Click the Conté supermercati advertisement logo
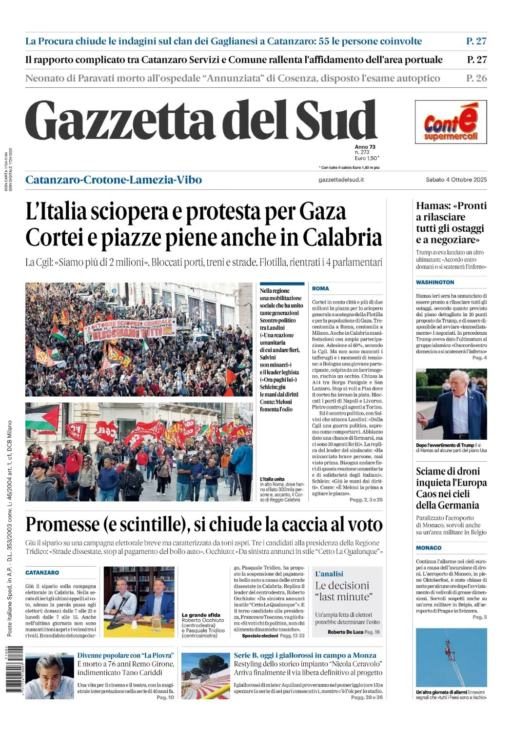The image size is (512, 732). pyautogui.click(x=451, y=122)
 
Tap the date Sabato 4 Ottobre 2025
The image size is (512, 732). pyautogui.click(x=456, y=180)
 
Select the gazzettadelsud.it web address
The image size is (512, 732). pyautogui.click(x=341, y=180)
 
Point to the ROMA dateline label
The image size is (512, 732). pyautogui.click(x=320, y=288)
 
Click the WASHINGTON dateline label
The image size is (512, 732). pyautogui.click(x=435, y=282)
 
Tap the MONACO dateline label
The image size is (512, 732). pyautogui.click(x=429, y=548)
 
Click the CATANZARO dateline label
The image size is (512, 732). pyautogui.click(x=42, y=572)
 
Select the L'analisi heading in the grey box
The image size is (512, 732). pyautogui.click(x=329, y=574)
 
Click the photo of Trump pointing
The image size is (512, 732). pyautogui.click(x=451, y=404)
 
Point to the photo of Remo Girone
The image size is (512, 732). pyautogui.click(x=50, y=676)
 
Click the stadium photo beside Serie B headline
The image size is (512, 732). pyautogui.click(x=205, y=676)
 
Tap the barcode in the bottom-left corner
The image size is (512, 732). pyautogui.click(x=15, y=669)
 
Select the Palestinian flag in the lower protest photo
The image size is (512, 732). pyautogui.click(x=42, y=418)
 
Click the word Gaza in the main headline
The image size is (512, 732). pyautogui.click(x=322, y=212)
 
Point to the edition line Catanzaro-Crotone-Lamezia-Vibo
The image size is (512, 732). pyautogui.click(x=114, y=180)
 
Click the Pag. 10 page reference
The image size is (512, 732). pyautogui.click(x=165, y=697)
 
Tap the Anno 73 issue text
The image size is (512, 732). pyautogui.click(x=365, y=147)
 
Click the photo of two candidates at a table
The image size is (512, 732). pyautogui.click(x=139, y=601)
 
